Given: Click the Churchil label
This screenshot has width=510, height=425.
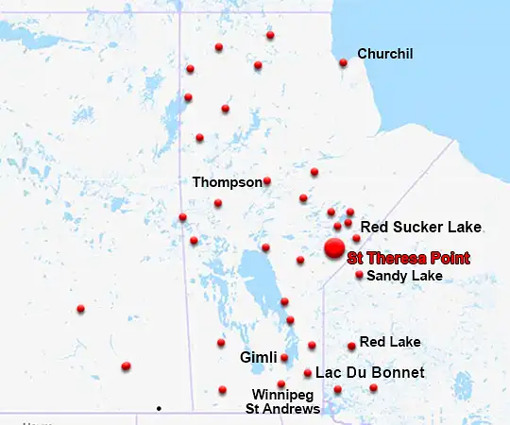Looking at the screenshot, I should pyautogui.click(x=385, y=54).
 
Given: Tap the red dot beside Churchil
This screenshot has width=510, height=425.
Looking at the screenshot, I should pyautogui.click(x=343, y=63).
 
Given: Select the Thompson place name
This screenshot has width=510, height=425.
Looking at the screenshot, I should pyautogui.click(x=227, y=181).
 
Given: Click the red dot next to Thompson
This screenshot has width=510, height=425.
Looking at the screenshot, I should pyautogui.click(x=267, y=181).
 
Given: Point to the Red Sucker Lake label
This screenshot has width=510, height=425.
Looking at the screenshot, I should pyautogui.click(x=421, y=227).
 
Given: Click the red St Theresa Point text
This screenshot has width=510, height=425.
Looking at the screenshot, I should pyautogui.click(x=408, y=258).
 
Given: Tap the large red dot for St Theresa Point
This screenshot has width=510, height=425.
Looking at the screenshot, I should pyautogui.click(x=334, y=248).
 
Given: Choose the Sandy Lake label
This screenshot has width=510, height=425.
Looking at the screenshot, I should pyautogui.click(x=404, y=276).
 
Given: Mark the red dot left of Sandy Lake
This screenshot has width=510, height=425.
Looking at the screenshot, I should pyautogui.click(x=359, y=275).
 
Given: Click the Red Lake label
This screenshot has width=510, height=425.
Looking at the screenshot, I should pyautogui.click(x=390, y=342).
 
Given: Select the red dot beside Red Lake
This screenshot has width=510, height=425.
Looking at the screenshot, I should pyautogui.click(x=351, y=347).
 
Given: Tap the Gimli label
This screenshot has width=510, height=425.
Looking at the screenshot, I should pyautogui.click(x=258, y=358).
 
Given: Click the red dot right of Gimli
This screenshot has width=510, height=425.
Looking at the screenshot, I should pyautogui.click(x=284, y=358).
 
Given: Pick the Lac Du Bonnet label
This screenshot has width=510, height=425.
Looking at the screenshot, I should pyautogui.click(x=370, y=373).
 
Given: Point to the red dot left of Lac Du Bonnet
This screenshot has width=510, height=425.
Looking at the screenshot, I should pyautogui.click(x=308, y=373).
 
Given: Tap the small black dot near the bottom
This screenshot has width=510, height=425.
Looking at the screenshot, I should pyautogui.click(x=159, y=408).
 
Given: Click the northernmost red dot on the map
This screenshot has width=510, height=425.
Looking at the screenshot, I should pyautogui.click(x=270, y=35).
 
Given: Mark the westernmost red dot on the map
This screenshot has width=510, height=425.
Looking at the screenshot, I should pyautogui.click(x=81, y=309).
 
